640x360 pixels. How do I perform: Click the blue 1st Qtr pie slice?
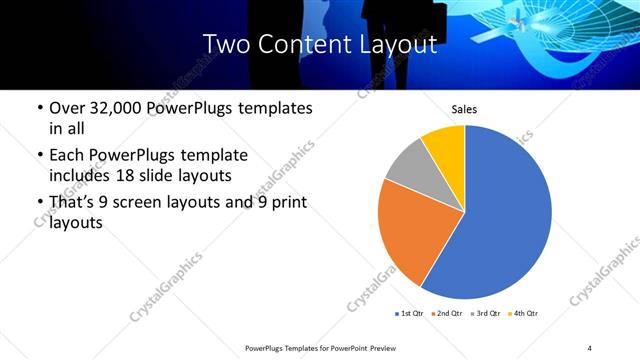505,220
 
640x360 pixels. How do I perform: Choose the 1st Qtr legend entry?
410,314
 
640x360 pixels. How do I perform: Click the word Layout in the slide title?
403,44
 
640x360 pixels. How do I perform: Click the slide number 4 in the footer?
589,348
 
